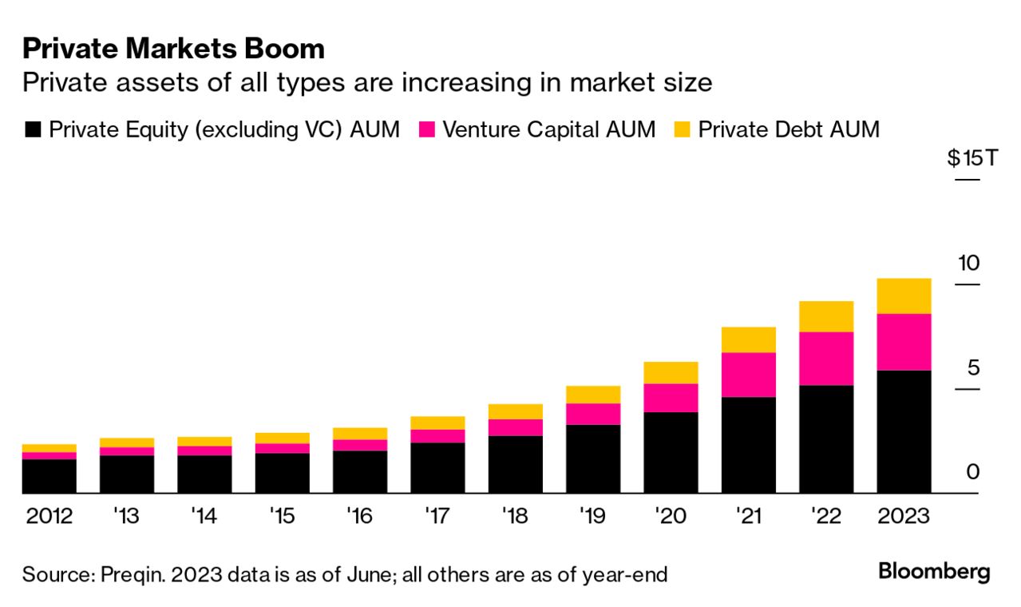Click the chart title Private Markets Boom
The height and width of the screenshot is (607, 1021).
tap(174, 50)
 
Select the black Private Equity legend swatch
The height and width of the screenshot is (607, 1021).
tap(33, 130)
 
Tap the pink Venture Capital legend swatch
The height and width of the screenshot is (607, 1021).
tap(427, 130)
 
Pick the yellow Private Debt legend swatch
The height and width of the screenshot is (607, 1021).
tap(683, 130)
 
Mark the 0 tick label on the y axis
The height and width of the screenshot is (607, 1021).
tap(972, 472)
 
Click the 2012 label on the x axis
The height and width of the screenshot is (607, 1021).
tap(49, 517)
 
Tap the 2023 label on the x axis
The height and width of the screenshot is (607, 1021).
tap(904, 517)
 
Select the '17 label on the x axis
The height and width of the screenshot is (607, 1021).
tap(437, 517)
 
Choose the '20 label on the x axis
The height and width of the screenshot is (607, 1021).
tap(671, 517)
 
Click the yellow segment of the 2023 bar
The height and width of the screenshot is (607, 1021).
tap(904, 296)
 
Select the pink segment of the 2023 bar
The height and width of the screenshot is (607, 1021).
tap(904, 342)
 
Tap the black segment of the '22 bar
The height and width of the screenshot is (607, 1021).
tap(826, 439)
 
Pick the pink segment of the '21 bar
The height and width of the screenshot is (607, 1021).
tap(748, 375)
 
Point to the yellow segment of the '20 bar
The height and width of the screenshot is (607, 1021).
tap(671, 372)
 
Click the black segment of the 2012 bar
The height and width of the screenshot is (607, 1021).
tap(49, 476)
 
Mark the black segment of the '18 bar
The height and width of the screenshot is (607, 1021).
tap(515, 464)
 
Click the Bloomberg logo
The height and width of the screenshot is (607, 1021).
tap(934, 572)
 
